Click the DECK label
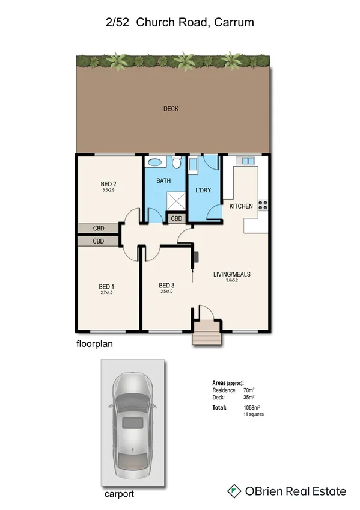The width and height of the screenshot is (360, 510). pyautogui.click(x=171, y=109)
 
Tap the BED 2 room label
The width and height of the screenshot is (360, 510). pyautogui.click(x=109, y=184)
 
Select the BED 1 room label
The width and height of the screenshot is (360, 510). pyautogui.click(x=107, y=286)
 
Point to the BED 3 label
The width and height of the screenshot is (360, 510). pyautogui.click(x=166, y=285)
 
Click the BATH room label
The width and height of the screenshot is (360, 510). pyautogui.click(x=164, y=180)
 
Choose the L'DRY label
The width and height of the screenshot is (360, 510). pyautogui.click(x=203, y=191)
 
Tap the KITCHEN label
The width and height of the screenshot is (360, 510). pyautogui.click(x=241, y=206)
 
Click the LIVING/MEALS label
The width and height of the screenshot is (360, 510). pyautogui.click(x=232, y=274)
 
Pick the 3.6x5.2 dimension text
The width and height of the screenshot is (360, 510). pyautogui.click(x=232, y=281)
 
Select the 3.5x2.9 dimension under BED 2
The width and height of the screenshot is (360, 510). pyautogui.click(x=109, y=191)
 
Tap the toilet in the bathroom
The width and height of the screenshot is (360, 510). pyautogui.click(x=176, y=162)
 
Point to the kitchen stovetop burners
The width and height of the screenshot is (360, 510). pyautogui.click(x=263, y=205)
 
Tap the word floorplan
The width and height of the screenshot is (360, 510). pyautogui.click(x=96, y=345)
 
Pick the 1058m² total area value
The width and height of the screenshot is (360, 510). pyautogui.click(x=251, y=407)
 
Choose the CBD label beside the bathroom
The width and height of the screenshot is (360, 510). pyautogui.click(x=177, y=218)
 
